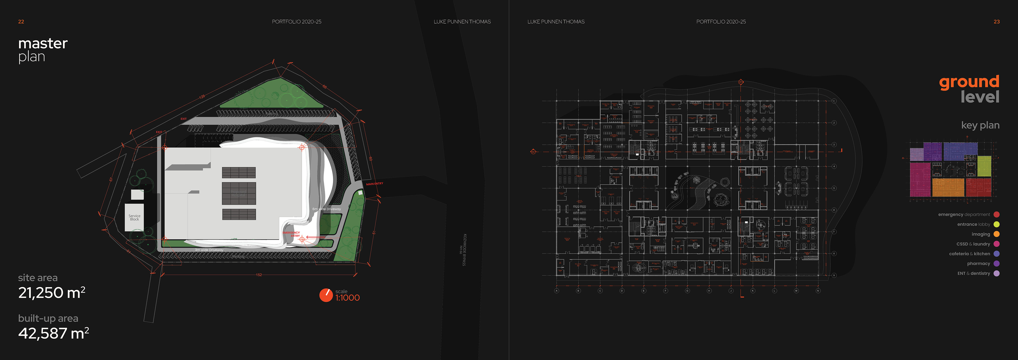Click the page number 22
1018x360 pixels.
tap(21, 22)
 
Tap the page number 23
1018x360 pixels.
tap(996, 22)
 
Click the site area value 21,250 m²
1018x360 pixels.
tap(51, 293)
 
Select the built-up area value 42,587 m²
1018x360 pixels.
tap(53, 333)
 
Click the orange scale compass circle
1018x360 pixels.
tap(326, 295)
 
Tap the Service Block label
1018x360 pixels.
tap(134, 218)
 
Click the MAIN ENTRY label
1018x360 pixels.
tap(374, 184)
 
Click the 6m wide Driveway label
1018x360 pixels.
tap(326, 209)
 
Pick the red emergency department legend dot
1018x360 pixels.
tap(996, 214)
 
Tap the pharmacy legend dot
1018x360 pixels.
tap(996, 264)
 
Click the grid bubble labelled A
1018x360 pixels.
tap(556, 291)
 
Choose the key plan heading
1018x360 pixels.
tap(980, 125)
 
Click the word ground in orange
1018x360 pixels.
tap(969, 82)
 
